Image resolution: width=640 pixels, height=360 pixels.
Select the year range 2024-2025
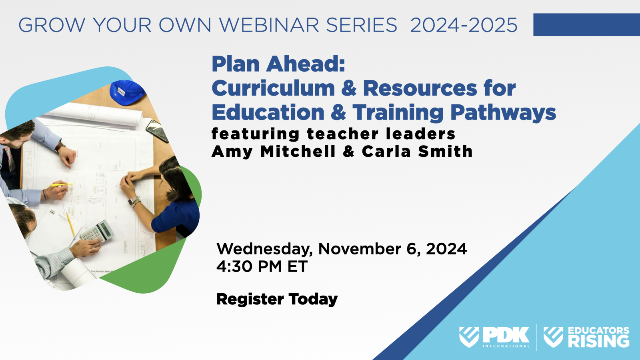464,25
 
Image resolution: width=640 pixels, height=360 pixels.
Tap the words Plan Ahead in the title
278,64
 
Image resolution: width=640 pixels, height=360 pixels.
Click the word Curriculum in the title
273,88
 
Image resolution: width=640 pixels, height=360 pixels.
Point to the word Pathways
503,112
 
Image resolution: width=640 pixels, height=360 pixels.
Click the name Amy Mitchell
274,152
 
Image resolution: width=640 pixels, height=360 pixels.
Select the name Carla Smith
417,152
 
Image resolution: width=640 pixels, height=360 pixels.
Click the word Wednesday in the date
264,249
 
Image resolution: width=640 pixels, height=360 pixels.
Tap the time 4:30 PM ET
262,266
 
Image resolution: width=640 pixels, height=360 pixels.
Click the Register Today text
277,299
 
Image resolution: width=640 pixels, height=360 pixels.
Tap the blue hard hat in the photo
127,92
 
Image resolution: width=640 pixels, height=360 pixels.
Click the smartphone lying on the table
157,130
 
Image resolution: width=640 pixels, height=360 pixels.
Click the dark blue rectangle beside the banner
586,25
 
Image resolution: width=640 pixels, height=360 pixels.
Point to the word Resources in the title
420,88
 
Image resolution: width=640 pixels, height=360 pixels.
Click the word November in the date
360,249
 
